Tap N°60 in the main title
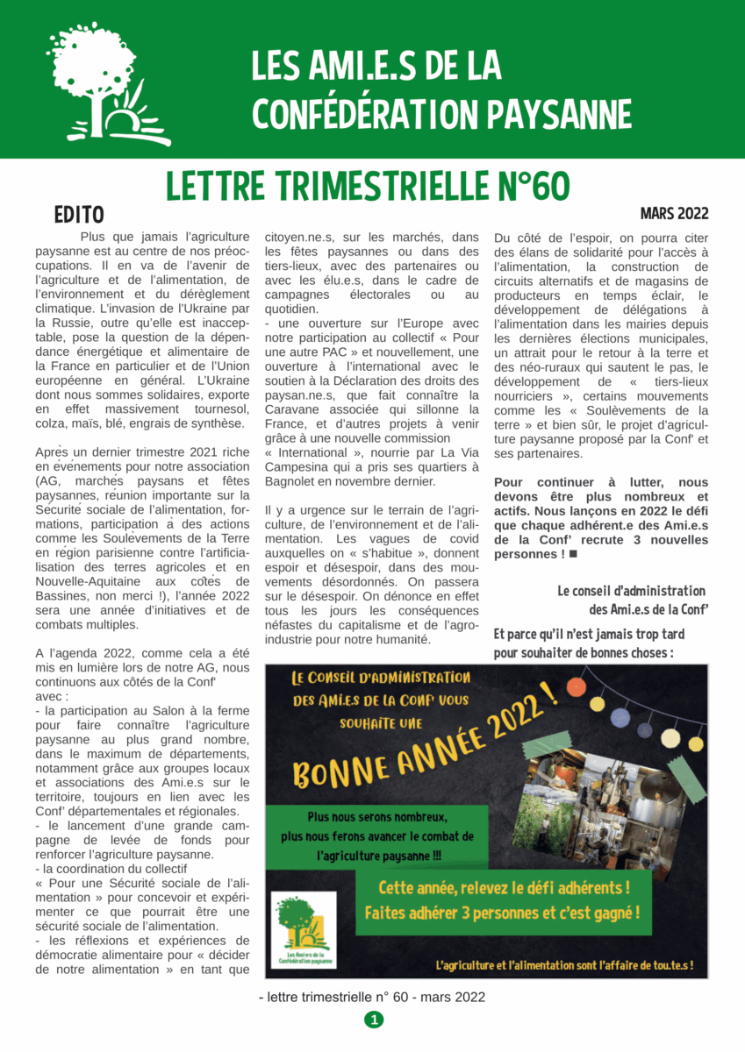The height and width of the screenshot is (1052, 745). point(526,185)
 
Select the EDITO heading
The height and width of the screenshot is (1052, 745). point(78,214)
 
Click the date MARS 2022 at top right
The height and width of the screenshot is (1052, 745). point(674,214)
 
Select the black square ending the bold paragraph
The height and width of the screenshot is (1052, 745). point(573,554)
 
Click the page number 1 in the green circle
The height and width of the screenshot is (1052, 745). point(374,1020)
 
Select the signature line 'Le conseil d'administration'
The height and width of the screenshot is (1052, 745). point(631,591)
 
